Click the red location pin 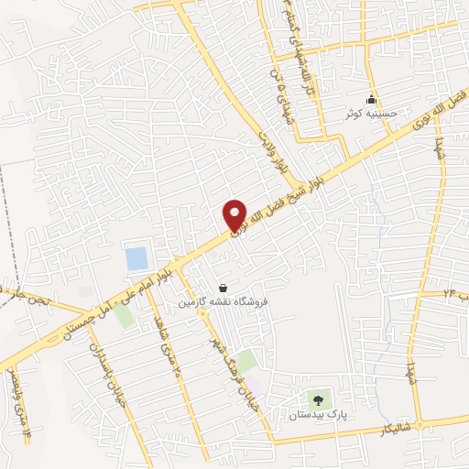(235, 215)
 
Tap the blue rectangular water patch (136, 258)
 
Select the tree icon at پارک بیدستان (318, 399)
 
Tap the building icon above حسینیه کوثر (371, 100)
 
